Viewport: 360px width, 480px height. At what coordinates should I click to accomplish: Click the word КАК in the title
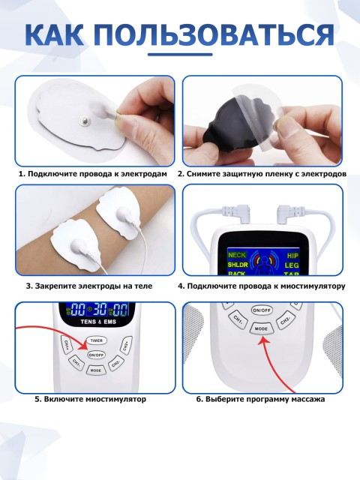point(53,35)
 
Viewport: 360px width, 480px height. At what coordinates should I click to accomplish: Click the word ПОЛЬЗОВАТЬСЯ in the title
point(211,36)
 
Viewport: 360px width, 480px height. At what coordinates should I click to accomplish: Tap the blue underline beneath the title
point(180,55)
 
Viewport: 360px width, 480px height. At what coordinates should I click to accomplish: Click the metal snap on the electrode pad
point(84,119)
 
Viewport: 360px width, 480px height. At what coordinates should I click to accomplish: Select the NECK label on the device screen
point(237,255)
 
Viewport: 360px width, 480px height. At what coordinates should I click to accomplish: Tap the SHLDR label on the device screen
point(238,265)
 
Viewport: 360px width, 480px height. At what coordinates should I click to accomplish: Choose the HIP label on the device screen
point(292,256)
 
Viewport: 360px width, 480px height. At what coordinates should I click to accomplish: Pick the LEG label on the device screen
point(292,265)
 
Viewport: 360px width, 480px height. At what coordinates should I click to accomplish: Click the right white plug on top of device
point(289,213)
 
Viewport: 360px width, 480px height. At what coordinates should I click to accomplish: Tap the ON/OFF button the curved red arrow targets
point(96,355)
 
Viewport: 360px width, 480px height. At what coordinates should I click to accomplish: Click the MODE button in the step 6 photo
point(261,328)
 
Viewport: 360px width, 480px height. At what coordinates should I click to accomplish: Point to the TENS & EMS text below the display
point(98,322)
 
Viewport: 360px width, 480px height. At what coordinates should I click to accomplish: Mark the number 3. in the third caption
point(29,286)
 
